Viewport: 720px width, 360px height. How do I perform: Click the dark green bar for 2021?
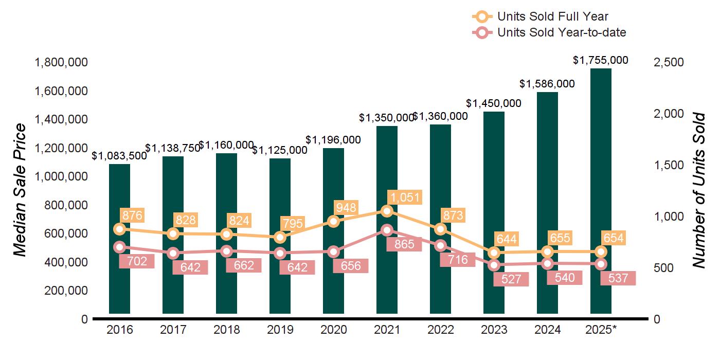pos(387,154)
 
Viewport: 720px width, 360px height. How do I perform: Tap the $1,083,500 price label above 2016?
pos(119,156)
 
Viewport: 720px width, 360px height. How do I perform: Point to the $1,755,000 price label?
pos(601,60)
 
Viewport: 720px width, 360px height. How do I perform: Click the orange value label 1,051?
pos(405,197)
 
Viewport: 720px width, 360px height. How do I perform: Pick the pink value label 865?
pos(404,245)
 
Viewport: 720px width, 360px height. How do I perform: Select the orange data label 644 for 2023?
pos(507,239)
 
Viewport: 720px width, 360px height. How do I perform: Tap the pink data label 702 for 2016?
pos(136,261)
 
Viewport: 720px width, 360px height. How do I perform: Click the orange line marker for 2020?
pos(334,222)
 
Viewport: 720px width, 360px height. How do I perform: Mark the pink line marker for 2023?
pos(494,265)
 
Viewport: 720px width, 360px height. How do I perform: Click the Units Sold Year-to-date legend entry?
pos(549,33)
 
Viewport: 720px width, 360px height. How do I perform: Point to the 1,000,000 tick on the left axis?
pos(61,176)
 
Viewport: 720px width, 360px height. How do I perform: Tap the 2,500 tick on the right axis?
pos(668,62)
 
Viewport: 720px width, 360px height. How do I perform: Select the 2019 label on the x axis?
pos(280,330)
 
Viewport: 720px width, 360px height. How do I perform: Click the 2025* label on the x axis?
pos(601,330)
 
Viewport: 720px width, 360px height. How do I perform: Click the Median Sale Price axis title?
pos(20,190)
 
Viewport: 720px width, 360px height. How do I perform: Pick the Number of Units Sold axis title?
pos(698,190)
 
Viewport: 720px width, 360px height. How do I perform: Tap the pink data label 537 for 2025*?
pos(618,278)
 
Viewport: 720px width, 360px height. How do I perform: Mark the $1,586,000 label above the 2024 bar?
pos(547,83)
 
